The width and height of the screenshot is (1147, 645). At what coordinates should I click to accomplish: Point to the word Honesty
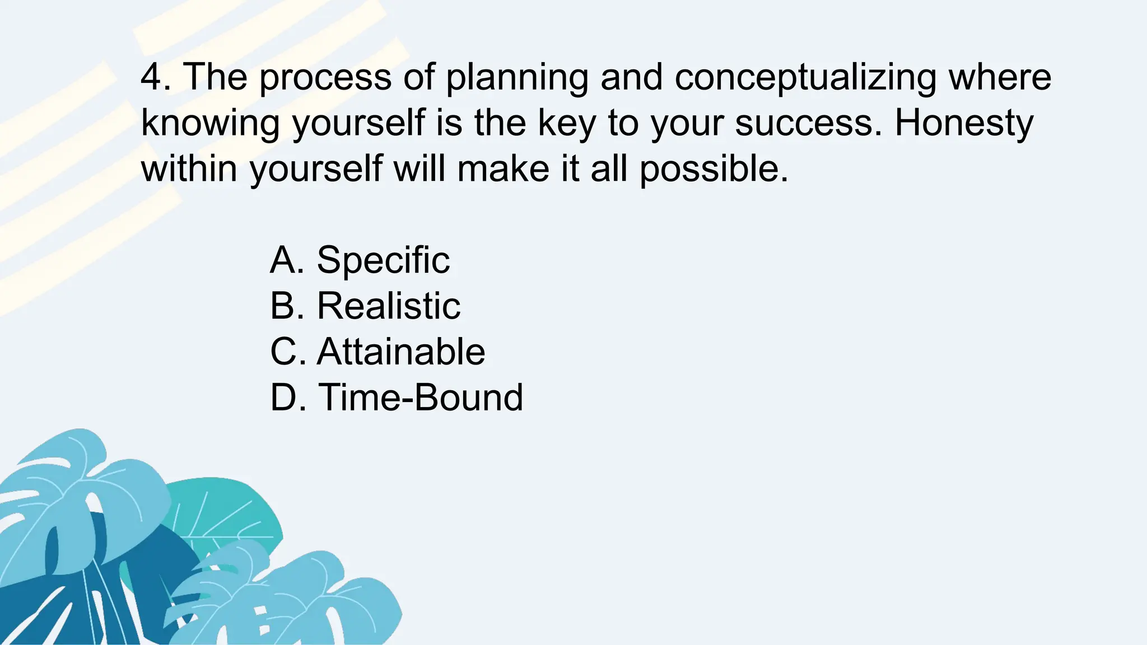point(963,124)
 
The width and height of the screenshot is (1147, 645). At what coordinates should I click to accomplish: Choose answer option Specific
point(383,260)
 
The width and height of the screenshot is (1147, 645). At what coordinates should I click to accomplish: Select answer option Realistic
point(389,306)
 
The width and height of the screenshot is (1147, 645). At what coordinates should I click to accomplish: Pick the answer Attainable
point(401,352)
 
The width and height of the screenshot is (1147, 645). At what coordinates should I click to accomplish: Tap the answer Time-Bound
point(421,398)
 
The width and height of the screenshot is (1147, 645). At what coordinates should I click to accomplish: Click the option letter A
point(286,260)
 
